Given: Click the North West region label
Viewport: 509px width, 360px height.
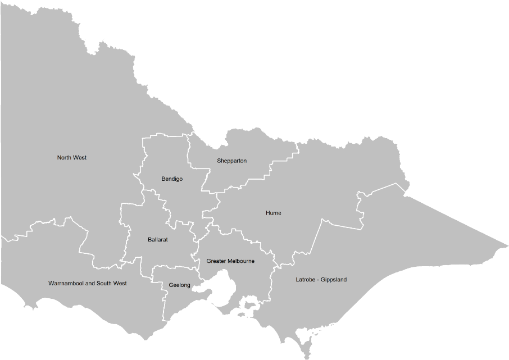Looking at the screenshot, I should coord(72,158).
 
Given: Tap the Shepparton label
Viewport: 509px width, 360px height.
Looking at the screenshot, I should coord(231,161).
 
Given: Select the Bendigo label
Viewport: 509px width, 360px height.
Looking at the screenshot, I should coord(172,179).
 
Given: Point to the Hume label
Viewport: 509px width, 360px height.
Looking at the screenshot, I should coord(274,213).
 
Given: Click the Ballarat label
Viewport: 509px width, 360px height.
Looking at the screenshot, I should coord(158,240).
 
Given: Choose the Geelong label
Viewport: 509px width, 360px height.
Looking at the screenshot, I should coord(179,285).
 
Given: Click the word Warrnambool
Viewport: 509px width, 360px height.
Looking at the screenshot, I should coord(66,284).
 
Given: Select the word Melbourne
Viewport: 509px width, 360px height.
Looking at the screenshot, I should coord(241,261).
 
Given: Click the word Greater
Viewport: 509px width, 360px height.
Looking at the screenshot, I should coord(216,261).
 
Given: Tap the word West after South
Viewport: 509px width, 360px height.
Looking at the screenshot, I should coord(120,284).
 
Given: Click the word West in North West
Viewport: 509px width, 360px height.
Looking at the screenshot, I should coord(80,158).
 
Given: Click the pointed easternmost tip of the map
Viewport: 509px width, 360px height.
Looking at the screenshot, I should coord(507,246).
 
